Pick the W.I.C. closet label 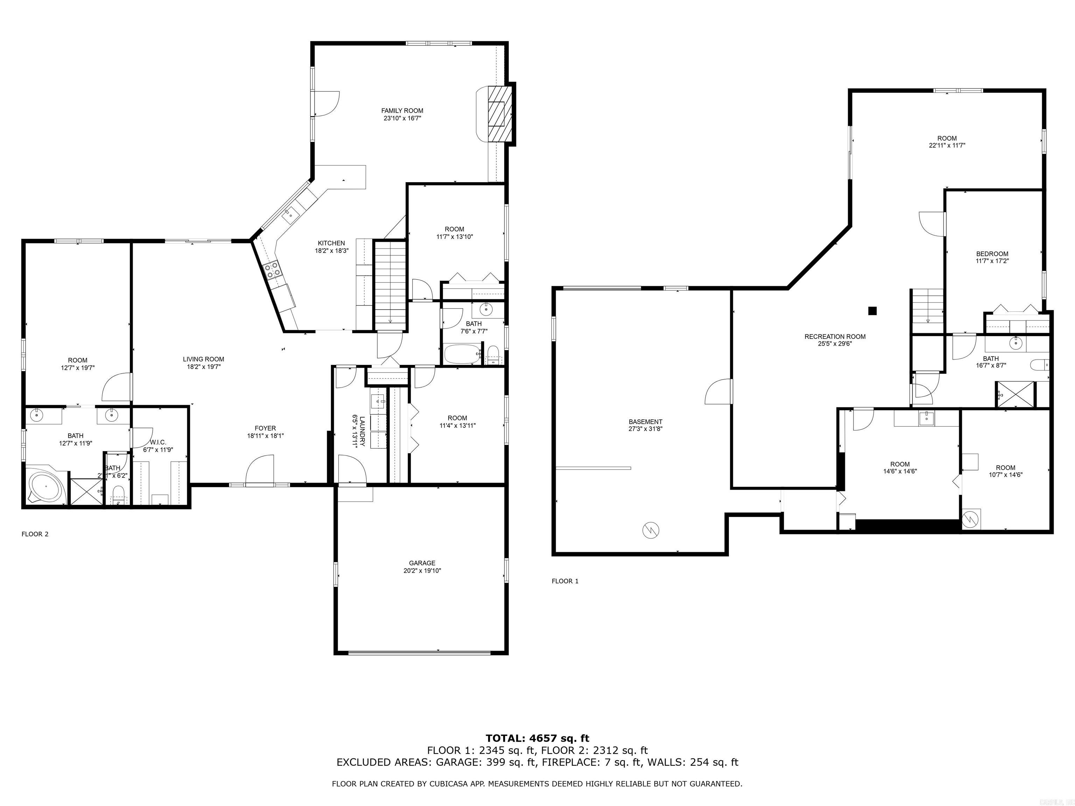tap(158, 446)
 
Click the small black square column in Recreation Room tap(872, 310)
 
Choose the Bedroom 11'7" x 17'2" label tap(992, 257)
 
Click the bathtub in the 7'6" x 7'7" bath tap(462, 355)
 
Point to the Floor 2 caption tap(35, 534)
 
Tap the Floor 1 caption tap(565, 581)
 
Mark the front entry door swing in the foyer tap(260, 470)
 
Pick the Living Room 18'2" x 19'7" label tap(203, 363)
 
